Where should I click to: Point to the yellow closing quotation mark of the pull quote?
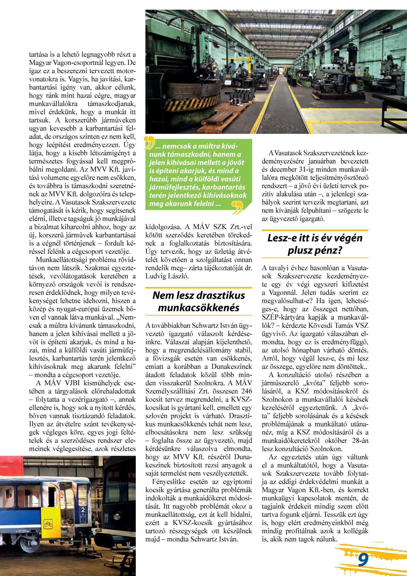237,207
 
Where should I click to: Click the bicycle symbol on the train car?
48,523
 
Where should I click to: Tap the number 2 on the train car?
83,510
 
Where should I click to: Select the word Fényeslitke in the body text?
169,482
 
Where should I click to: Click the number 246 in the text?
246,391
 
